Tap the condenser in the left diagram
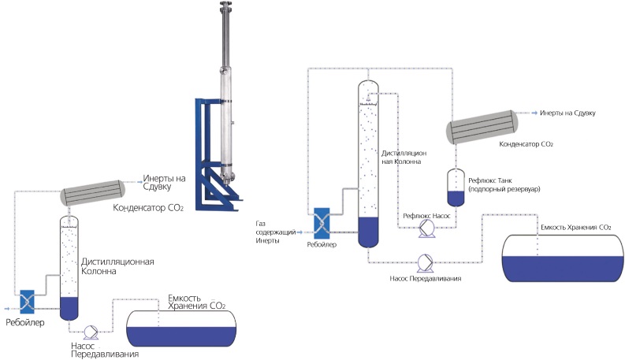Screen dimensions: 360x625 [x=94, y=191]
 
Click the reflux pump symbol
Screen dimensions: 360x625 [x=427, y=227]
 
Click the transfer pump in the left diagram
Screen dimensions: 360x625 [x=87, y=331]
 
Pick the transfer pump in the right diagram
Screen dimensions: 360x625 [x=423, y=261]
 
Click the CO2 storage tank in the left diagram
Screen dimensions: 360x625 [x=182, y=327]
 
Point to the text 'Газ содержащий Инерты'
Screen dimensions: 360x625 [x=273, y=232]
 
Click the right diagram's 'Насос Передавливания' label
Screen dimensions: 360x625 [x=423, y=279]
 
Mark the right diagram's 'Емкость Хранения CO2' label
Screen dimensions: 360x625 [x=575, y=227]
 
